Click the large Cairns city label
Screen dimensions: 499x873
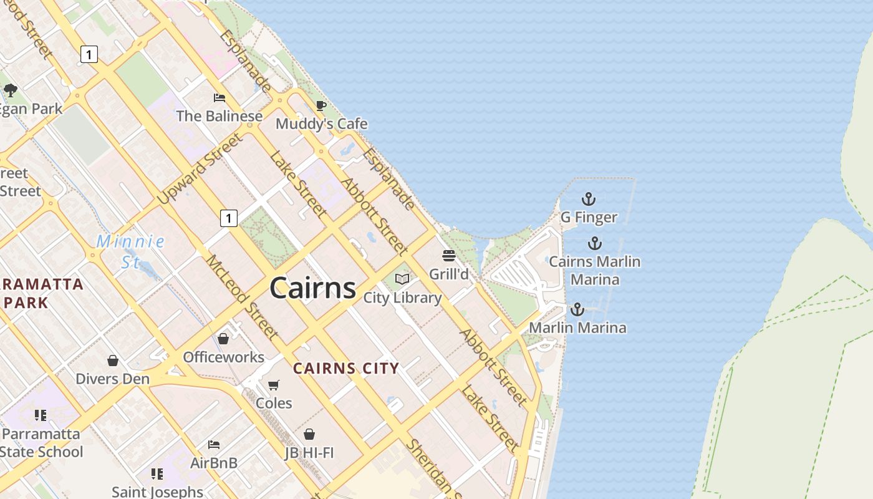pyautogui.click(x=312, y=288)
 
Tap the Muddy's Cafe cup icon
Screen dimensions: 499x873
pyautogui.click(x=321, y=106)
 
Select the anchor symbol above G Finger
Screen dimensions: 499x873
pyautogui.click(x=588, y=200)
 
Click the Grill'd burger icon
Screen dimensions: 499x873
pyautogui.click(x=448, y=256)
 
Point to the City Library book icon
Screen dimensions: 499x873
pyautogui.click(x=402, y=279)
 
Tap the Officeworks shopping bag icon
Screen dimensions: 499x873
pyautogui.click(x=223, y=339)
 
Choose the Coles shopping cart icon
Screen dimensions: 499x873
pyautogui.click(x=273, y=385)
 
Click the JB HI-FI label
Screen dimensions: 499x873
pyautogui.click(x=309, y=453)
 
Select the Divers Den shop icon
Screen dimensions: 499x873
pyautogui.click(x=113, y=361)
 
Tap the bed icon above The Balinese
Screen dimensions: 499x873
pyautogui.click(x=219, y=98)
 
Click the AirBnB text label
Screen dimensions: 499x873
pyautogui.click(x=214, y=463)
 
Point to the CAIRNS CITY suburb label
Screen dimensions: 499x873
pyautogui.click(x=346, y=368)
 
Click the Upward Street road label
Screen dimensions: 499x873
pyautogui.click(x=199, y=169)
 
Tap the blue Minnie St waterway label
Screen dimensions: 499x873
pyautogui.click(x=130, y=251)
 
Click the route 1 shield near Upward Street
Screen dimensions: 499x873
pyautogui.click(x=229, y=218)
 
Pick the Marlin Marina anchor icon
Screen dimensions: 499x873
pyautogui.click(x=577, y=309)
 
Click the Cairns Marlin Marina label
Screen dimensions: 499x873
pyautogui.click(x=594, y=270)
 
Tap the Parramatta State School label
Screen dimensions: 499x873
pyautogui.click(x=41, y=442)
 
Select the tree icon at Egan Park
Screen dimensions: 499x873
pyautogui.click(x=10, y=90)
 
